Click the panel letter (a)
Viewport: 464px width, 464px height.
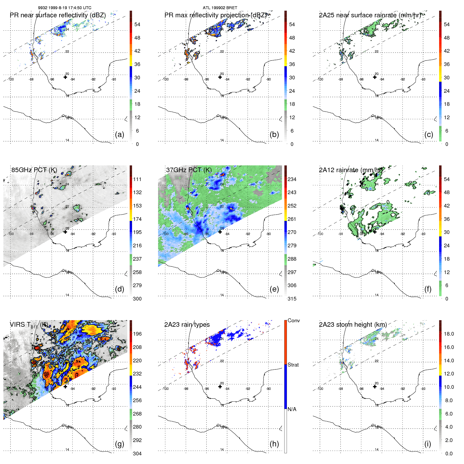(x=119, y=134)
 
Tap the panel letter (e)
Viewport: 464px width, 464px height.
(x=274, y=289)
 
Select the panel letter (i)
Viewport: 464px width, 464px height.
(x=428, y=444)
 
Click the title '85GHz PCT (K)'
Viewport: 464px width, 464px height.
(x=34, y=170)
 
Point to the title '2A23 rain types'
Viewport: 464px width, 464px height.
(x=187, y=325)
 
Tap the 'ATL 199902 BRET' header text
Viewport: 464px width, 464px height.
(x=220, y=8)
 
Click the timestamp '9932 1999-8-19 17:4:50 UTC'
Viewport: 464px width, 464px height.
(x=65, y=8)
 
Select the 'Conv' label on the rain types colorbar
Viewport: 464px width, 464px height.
(x=293, y=320)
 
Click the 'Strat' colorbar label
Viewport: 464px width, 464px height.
(x=293, y=365)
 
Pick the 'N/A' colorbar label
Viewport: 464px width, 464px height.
(x=292, y=409)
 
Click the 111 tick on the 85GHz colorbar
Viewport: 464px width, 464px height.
(x=137, y=179)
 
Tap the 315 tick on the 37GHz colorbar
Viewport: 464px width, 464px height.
(x=292, y=299)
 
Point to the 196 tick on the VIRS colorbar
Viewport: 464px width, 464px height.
(x=137, y=334)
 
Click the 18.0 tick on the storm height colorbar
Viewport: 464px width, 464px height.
(x=449, y=334)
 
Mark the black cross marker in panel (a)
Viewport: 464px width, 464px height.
(x=65, y=77)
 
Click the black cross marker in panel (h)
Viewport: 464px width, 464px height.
(x=220, y=386)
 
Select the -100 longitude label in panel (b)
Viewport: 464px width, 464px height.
(x=166, y=79)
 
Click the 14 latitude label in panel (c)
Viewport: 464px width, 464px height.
(x=376, y=140)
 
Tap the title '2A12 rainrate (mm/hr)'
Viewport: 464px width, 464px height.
(x=351, y=170)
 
